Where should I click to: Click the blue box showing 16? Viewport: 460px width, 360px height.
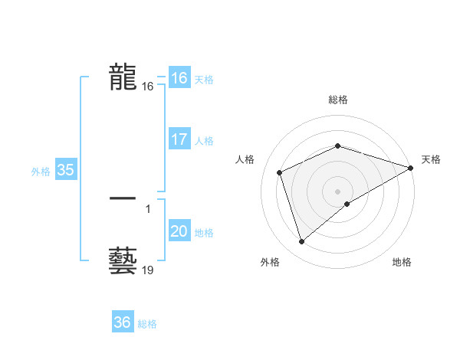coord(179,78)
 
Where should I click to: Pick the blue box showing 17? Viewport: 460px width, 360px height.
coord(179,139)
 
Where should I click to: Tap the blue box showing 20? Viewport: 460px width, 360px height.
coord(179,231)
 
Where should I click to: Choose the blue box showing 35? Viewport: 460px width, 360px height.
coord(65,170)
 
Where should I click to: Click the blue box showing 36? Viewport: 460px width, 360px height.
coord(122,322)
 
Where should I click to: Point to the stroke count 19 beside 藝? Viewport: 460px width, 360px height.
coord(148,270)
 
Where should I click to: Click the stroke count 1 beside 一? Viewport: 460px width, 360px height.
coord(147,209)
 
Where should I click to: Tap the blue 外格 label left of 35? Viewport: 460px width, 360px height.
coord(41,172)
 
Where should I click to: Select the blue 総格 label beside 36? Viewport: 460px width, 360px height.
coord(147,324)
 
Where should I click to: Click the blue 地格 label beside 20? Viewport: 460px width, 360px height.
coord(204,233)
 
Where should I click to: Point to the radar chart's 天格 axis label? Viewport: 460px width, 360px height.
coord(432,159)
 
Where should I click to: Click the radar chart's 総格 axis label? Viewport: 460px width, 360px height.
coord(337,100)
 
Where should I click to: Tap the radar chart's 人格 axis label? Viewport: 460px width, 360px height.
coord(245,159)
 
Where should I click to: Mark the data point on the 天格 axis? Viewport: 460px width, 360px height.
coord(411,168)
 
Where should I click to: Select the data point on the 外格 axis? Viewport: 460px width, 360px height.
coord(301,242)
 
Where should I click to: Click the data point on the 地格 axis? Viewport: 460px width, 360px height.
coord(347,204)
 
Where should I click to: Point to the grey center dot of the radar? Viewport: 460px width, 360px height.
coord(337,191)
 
